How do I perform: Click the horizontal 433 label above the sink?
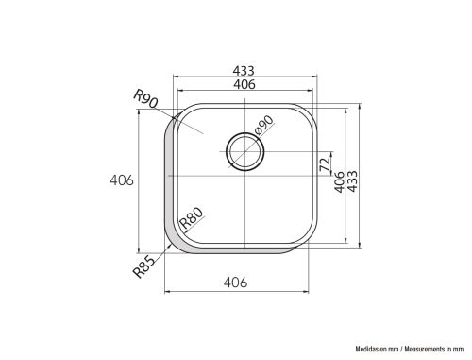[x=244, y=71]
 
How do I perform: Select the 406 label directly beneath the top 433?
[x=244, y=84]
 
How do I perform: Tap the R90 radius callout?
[x=145, y=98]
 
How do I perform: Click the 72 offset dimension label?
[x=325, y=163]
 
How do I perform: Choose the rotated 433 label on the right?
[x=353, y=181]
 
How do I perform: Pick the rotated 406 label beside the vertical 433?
[x=339, y=182]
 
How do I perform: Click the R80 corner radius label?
[x=192, y=218]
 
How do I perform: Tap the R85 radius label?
[x=144, y=266]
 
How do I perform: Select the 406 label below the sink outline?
[x=235, y=283]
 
